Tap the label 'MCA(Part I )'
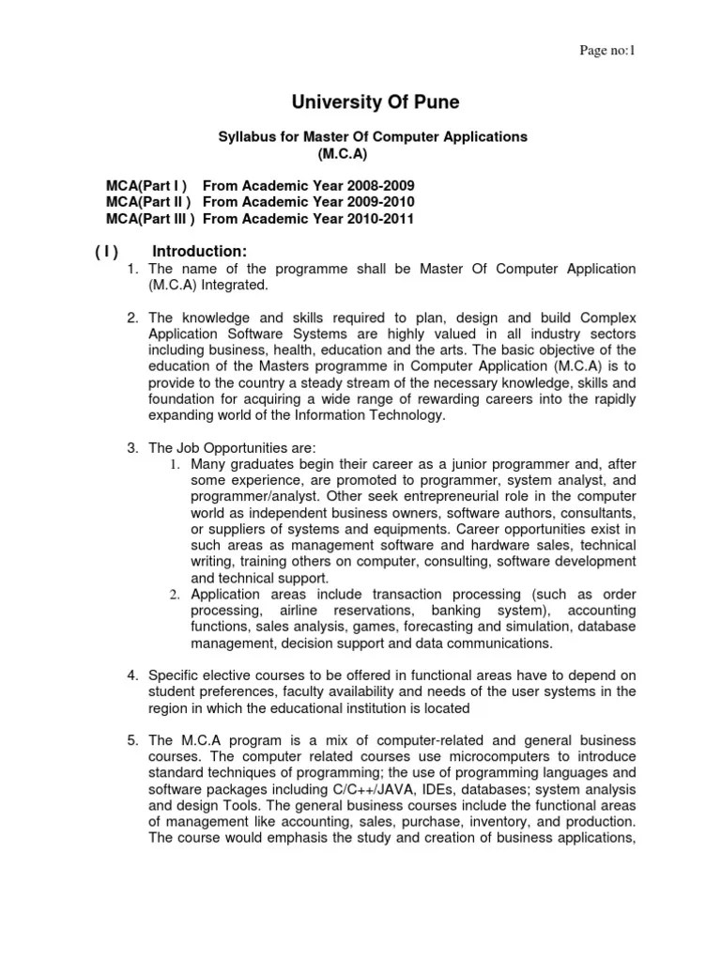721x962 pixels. click(x=146, y=185)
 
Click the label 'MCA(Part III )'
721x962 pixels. click(x=150, y=219)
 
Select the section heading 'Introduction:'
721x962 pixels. click(x=200, y=251)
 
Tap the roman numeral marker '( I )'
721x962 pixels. click(x=106, y=252)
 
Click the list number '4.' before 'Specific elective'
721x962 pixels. click(x=133, y=675)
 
